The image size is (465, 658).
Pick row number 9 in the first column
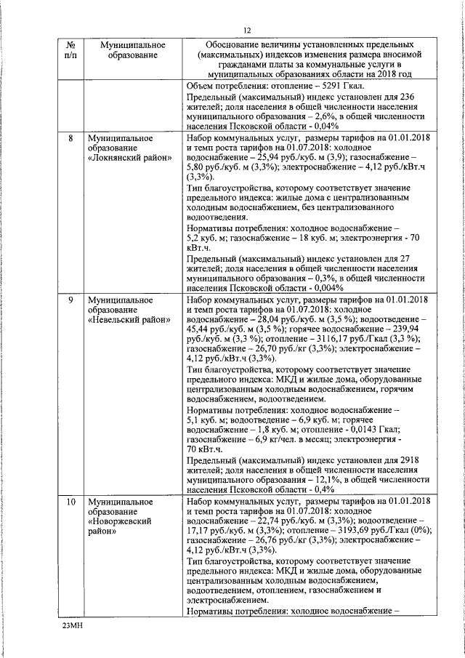69,300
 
